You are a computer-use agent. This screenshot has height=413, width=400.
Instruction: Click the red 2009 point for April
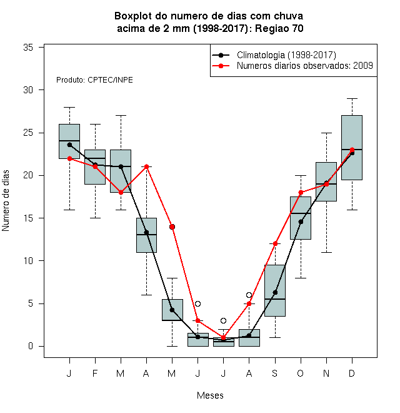[x=146, y=166]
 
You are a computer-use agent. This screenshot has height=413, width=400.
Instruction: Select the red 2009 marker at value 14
[x=172, y=227]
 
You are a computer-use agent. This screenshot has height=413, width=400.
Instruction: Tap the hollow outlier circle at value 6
[x=249, y=295]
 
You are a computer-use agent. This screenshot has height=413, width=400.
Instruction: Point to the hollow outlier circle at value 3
[x=223, y=320]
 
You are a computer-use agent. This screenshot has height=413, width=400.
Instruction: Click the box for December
[x=352, y=148]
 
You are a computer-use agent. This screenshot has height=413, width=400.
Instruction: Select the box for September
[x=275, y=290]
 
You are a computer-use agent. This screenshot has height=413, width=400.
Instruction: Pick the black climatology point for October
[x=301, y=222]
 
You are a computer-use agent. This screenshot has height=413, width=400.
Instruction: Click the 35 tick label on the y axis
[x=28, y=48]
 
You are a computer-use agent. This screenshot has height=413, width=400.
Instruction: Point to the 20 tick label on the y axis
[x=28, y=175]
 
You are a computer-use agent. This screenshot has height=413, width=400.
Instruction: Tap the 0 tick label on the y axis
[x=31, y=346]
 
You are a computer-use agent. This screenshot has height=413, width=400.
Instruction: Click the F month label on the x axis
[x=95, y=373]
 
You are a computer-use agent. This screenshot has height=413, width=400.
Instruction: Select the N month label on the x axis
[x=326, y=373]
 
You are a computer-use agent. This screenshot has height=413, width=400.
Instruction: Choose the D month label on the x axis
[x=352, y=373]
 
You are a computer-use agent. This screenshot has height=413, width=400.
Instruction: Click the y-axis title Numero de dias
[x=6, y=201]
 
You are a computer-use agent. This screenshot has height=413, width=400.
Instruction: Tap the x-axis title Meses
[x=210, y=395]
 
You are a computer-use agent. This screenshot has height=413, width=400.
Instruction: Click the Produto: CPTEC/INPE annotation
[x=94, y=80]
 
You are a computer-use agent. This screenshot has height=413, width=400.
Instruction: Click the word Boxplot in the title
[x=133, y=16]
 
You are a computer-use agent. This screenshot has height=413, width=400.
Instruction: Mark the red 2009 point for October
[x=301, y=193]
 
